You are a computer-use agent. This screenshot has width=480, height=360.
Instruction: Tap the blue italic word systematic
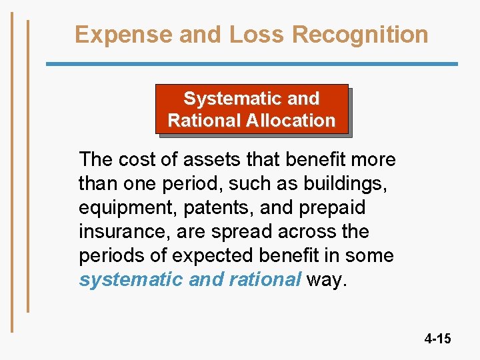point(131,280)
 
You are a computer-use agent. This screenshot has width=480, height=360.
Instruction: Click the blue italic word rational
point(265,280)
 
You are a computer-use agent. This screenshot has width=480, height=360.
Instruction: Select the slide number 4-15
point(437,339)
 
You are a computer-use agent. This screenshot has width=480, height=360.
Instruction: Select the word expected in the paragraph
point(204,256)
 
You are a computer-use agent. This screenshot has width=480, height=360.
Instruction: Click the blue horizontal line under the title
point(251,64)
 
